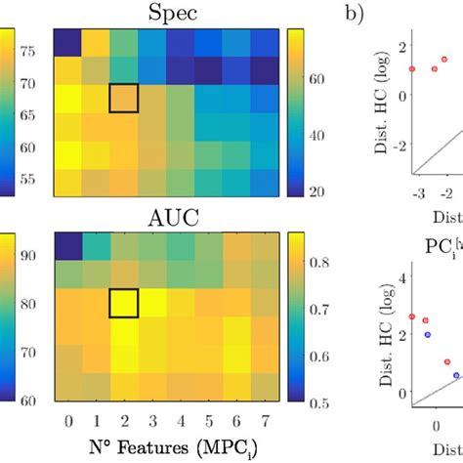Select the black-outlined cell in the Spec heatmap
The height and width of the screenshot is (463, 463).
coord(123,100)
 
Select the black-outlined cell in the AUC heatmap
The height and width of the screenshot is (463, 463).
coord(123,303)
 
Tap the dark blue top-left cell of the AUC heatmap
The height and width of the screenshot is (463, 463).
coord(67,247)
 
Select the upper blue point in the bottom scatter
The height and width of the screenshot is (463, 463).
coord(427,334)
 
